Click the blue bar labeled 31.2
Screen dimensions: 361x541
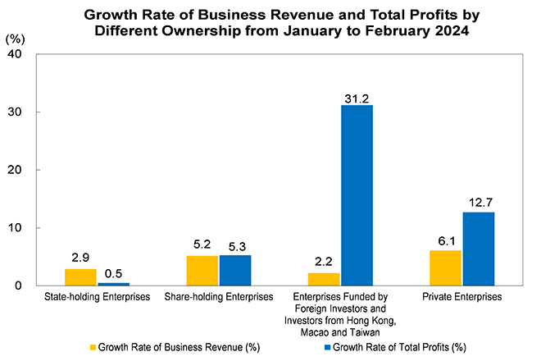(x=357, y=195)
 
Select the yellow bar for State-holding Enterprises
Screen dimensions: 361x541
(x=80, y=277)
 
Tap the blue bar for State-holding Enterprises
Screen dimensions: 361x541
(x=114, y=284)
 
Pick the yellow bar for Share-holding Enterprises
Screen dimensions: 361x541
(x=202, y=271)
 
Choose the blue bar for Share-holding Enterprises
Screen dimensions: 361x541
(x=235, y=271)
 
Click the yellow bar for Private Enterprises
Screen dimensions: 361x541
(x=445, y=268)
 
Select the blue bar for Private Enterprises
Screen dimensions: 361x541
(x=479, y=249)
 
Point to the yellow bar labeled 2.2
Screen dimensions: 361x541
(x=323, y=279)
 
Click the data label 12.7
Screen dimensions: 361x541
(x=479, y=202)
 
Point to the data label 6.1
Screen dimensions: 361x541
(x=445, y=240)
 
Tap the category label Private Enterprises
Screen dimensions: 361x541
(x=461, y=296)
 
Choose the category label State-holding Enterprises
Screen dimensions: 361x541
(x=98, y=296)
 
